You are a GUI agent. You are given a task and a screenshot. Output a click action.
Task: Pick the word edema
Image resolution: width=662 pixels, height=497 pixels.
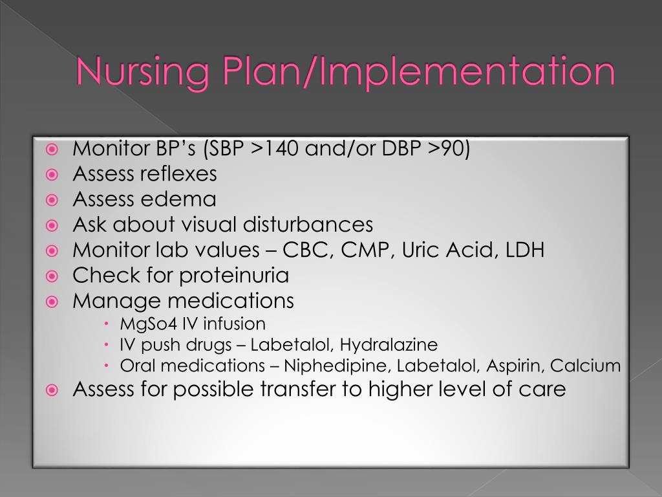pos(184,199)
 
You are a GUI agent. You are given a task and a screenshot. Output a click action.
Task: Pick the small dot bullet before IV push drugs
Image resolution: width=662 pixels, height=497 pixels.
pos(107,344)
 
